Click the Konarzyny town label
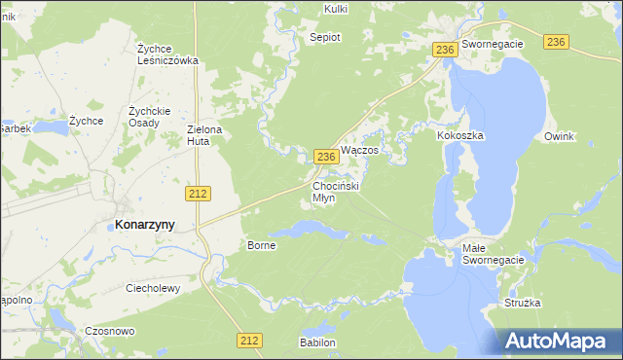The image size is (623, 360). [145, 224]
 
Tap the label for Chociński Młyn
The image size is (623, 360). [337, 191]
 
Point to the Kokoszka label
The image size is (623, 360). [460, 136]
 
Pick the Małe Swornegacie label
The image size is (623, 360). [493, 254]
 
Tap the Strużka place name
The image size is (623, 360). [522, 304]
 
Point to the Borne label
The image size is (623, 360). [262, 245]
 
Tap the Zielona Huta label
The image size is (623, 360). [204, 134]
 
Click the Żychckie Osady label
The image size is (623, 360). [149, 117]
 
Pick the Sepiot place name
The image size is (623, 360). [324, 37]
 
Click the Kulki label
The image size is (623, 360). [334, 9]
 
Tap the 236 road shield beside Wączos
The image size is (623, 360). [327, 156]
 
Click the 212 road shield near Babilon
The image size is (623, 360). [249, 340]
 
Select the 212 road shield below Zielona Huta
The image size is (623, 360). [198, 194]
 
